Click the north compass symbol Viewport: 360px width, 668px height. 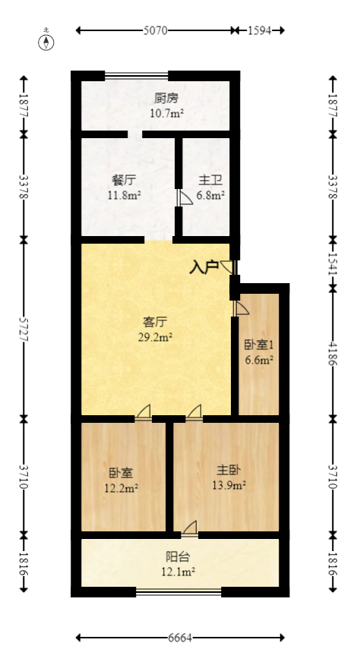point(46,41)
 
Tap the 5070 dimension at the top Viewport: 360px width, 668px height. point(155,31)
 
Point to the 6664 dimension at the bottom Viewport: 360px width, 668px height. point(179,638)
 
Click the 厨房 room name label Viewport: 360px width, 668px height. point(166,99)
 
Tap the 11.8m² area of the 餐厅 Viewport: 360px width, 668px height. point(124,195)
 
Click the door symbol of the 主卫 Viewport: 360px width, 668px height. point(185,198)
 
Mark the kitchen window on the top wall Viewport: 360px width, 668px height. point(137,75)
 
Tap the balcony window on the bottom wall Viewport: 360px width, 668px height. point(178,591)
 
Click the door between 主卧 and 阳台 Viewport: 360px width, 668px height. point(190,528)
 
